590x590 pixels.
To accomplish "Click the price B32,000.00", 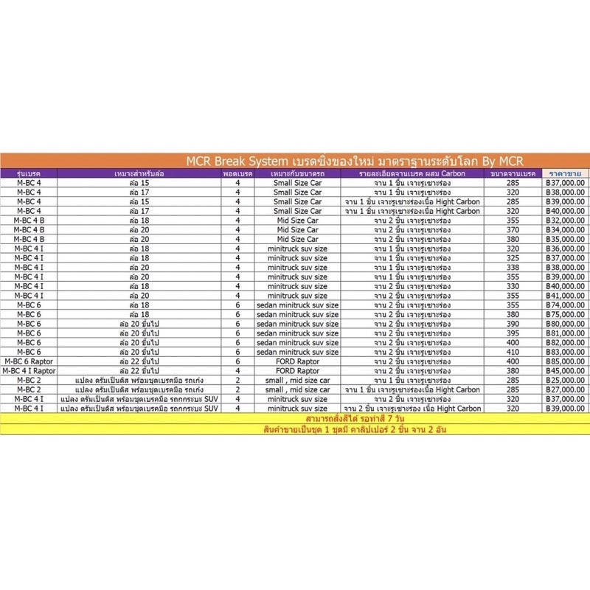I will [x=563, y=220].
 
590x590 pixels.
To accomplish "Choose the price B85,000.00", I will [x=563, y=361].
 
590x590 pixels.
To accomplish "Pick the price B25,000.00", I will [x=563, y=380].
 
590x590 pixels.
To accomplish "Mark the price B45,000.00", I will [x=563, y=370].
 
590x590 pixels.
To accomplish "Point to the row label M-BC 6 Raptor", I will [x=29, y=361].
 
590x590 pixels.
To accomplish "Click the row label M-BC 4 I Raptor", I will [x=29, y=370].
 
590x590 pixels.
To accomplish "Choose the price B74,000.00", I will [x=563, y=305].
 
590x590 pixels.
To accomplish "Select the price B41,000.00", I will [x=563, y=295].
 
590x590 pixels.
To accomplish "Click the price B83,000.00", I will [x=563, y=352].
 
